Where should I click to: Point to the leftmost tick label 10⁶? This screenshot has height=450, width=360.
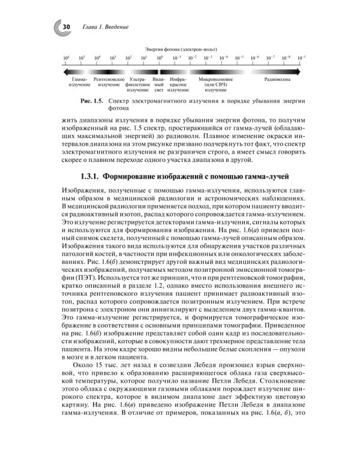click(67, 58)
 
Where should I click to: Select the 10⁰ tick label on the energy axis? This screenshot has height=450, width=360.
click(160, 58)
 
